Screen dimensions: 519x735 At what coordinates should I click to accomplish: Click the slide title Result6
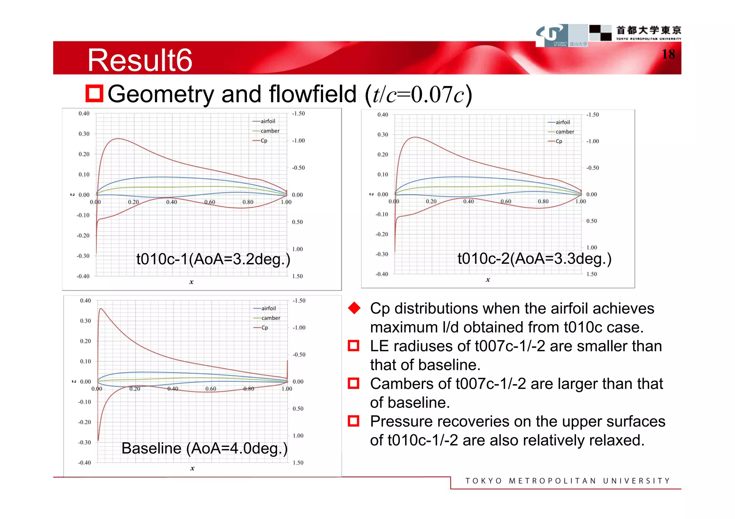pyautogui.click(x=140, y=60)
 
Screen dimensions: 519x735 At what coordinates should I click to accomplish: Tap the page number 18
pyautogui.click(x=668, y=54)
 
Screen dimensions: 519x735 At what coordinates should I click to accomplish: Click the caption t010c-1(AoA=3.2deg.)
pyautogui.click(x=213, y=259)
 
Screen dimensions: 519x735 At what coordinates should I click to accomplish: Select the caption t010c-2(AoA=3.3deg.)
pyautogui.click(x=534, y=258)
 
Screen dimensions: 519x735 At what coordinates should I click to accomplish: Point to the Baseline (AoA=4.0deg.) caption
pyautogui.click(x=204, y=448)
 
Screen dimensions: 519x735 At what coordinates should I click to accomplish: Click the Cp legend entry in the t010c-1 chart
pyautogui.click(x=263, y=141)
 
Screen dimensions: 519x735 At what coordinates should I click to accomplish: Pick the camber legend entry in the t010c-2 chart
pyautogui.click(x=564, y=132)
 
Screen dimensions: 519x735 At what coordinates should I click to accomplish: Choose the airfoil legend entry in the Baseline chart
pyautogui.click(x=268, y=308)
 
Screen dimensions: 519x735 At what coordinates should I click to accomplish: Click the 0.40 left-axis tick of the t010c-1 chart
pyautogui.click(x=84, y=114)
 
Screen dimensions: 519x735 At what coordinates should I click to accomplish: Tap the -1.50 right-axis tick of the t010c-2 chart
pyautogui.click(x=592, y=115)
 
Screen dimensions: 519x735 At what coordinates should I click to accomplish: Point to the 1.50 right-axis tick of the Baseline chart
pyautogui.click(x=298, y=463)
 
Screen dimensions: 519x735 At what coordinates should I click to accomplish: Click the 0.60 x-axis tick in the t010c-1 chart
pyautogui.click(x=210, y=202)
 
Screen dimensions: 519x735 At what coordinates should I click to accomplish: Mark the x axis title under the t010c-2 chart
pyautogui.click(x=488, y=280)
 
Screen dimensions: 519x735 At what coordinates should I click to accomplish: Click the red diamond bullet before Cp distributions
pyautogui.click(x=354, y=308)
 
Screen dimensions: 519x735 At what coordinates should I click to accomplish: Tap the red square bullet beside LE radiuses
pyautogui.click(x=354, y=346)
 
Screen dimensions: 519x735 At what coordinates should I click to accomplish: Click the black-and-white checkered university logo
pyautogui.click(x=600, y=33)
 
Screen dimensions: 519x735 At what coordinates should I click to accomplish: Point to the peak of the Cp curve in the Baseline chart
pyautogui.click(x=101, y=309)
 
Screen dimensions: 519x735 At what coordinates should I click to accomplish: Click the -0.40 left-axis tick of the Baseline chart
pyautogui.click(x=85, y=463)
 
